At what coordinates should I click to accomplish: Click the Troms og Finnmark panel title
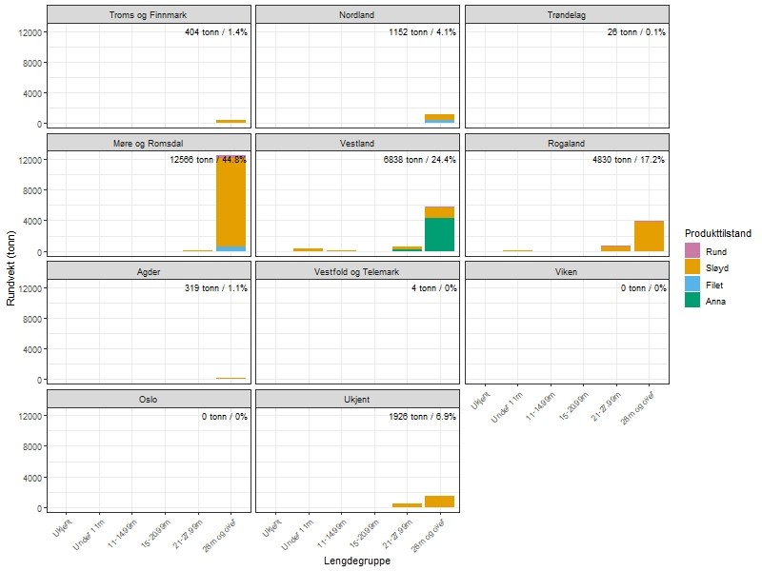pos(148,15)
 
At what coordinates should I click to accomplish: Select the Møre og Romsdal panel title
pos(148,143)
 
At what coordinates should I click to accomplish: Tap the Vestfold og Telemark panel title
pos(356,270)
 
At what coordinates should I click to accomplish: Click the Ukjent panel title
pos(356,399)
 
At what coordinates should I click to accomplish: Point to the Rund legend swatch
pos(692,250)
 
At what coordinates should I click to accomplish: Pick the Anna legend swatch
pos(692,300)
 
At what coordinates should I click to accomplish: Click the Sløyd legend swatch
pos(692,267)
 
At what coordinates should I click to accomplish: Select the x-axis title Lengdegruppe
pos(357,561)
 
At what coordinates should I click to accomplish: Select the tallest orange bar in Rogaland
pos(649,236)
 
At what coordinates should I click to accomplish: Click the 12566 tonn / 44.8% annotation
pos(208,160)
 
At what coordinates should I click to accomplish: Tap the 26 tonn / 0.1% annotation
pos(636,32)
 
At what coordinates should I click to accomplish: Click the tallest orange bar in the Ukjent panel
pos(439,502)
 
